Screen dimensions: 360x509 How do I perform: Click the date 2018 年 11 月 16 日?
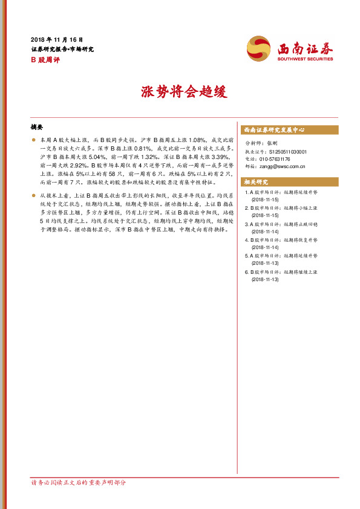point(56,39)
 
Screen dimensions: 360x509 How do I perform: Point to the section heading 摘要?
point(37,128)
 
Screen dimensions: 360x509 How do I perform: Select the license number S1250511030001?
point(287,152)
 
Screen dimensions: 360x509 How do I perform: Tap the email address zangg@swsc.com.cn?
point(286,166)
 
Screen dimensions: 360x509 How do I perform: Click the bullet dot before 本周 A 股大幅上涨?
point(33,140)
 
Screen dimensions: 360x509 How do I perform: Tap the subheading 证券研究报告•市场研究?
point(62,49)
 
